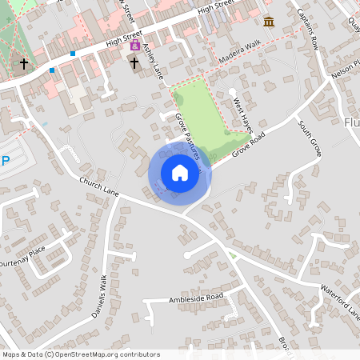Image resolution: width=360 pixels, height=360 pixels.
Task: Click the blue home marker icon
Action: point(180,173)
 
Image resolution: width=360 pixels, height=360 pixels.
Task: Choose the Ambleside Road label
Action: point(195,298)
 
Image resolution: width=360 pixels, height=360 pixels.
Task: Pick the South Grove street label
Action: point(309,138)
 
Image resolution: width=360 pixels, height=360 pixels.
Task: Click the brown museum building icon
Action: point(268,21)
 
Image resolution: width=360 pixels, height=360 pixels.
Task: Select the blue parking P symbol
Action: point(6,161)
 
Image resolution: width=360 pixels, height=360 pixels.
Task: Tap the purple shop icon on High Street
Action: point(135,46)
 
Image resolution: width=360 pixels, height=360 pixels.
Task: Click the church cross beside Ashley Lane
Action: point(134,62)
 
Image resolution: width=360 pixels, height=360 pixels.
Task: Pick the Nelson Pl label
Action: point(346,70)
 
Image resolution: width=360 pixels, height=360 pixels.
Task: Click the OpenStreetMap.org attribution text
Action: point(102,354)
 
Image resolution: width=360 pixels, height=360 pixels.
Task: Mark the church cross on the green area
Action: point(24,63)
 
